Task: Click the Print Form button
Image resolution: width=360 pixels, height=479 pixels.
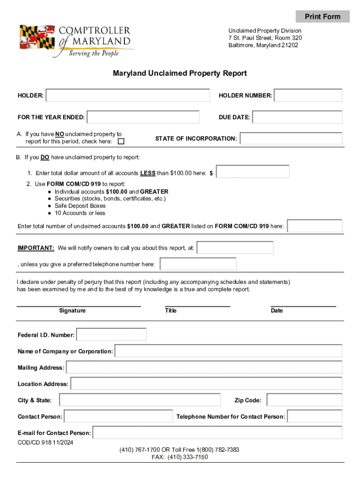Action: pos(323,17)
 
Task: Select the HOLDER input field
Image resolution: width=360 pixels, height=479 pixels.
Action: pos(128,95)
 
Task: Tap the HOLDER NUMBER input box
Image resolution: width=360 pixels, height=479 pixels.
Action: pos(308,95)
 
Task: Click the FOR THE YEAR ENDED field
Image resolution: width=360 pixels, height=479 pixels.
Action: pos(143,117)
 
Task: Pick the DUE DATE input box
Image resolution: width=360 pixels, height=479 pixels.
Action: pos(297,117)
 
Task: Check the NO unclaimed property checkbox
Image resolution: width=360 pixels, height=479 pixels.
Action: pos(121,142)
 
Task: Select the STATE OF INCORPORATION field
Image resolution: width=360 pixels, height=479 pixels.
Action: pos(291,138)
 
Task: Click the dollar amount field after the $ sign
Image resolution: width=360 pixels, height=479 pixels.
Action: pos(253,172)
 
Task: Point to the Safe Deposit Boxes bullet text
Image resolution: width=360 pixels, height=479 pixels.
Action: pos(80,206)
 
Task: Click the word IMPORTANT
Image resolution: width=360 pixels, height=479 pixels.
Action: pos(36,248)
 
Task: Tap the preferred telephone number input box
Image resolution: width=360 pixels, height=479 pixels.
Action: pos(198,264)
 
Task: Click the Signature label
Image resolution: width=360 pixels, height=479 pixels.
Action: pos(72,311)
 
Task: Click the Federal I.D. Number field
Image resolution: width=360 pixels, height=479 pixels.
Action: pos(111,335)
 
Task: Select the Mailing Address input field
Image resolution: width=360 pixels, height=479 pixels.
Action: pos(204,368)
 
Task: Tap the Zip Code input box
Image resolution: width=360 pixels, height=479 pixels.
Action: pos(304,400)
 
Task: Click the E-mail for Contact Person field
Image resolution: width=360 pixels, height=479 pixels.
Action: pos(217,433)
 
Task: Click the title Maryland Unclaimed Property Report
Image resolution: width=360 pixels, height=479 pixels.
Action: pos(180,73)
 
